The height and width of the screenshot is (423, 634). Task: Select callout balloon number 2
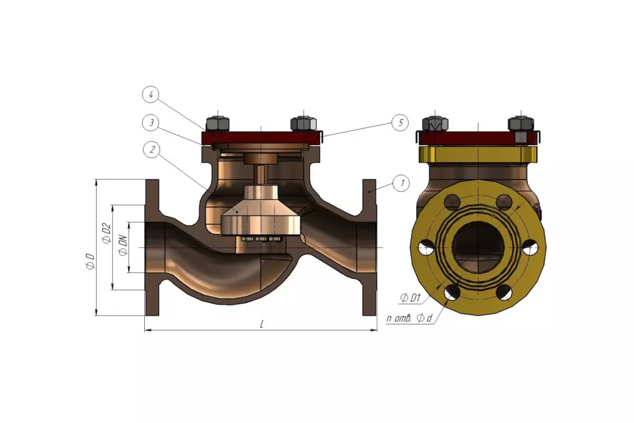152,150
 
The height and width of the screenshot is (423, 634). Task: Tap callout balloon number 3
151,123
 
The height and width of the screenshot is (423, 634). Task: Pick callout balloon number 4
151,95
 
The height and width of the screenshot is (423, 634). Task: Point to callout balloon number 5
401,123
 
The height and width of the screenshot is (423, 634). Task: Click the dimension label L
262,325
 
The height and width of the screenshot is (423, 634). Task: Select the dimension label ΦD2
106,233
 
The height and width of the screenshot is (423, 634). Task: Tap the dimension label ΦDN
123,246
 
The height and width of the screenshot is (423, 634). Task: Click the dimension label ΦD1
411,299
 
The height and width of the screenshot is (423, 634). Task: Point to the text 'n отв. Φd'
409,318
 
